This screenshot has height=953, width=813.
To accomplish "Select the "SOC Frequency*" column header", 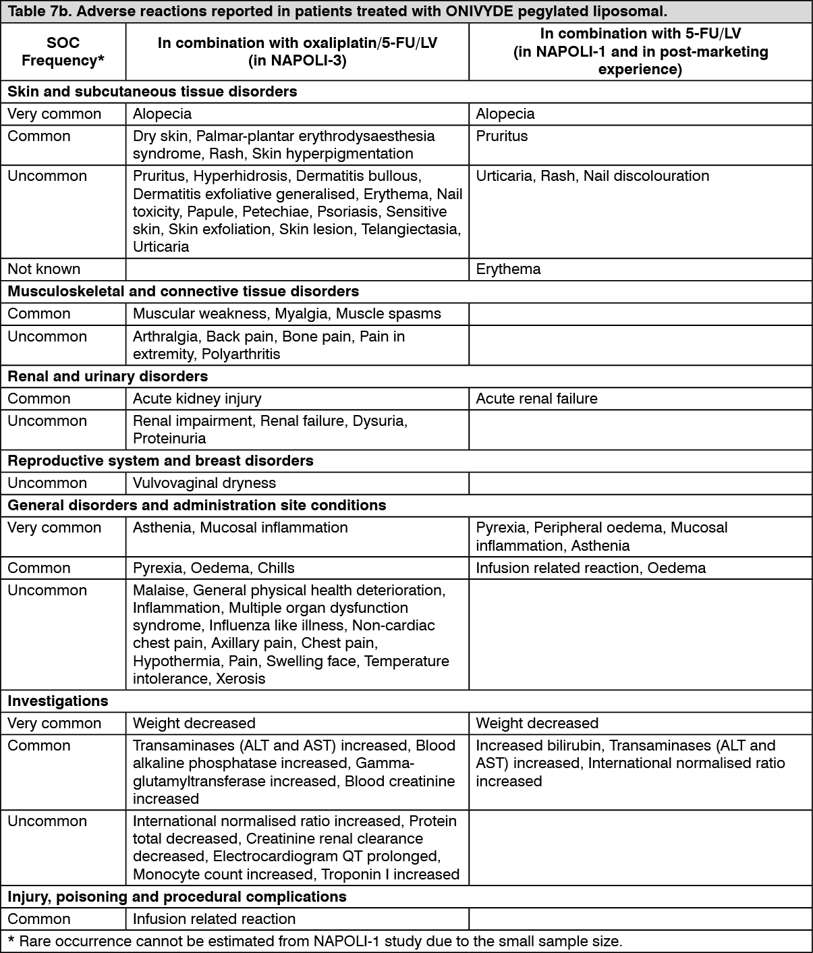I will click(63, 52).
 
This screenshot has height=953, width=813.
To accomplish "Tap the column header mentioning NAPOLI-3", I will click(297, 52).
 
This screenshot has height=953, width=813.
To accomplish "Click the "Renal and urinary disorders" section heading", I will click(107, 376).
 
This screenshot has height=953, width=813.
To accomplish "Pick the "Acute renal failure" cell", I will click(536, 398).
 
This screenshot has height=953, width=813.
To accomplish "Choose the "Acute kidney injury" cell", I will click(196, 398).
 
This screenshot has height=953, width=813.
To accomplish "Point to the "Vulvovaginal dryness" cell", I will click(204, 483).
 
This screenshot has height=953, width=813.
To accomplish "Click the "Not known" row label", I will click(44, 269).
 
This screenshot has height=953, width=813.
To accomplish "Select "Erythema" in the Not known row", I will click(508, 269).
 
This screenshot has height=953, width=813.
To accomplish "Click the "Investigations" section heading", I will click(57, 701).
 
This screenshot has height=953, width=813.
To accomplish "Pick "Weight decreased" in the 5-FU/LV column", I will click(536, 723).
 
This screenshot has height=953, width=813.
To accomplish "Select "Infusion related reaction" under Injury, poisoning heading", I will click(214, 919).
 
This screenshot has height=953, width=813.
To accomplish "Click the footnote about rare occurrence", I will click(314, 941).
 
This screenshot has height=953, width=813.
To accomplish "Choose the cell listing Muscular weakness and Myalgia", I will click(287, 313).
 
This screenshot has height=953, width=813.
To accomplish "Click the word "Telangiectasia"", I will click(411, 229).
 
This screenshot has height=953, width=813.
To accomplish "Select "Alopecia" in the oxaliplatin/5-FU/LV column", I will click(162, 113).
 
